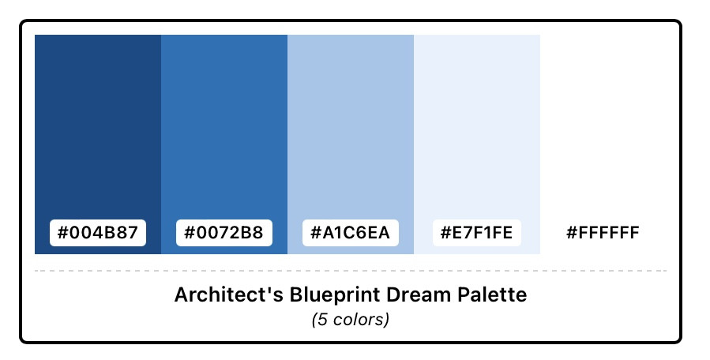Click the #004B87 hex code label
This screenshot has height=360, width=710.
(98, 233)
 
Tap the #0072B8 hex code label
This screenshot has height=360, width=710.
(224, 233)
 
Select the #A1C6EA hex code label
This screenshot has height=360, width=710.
(351, 233)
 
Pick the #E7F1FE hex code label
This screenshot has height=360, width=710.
(477, 233)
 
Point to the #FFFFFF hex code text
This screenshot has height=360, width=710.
(603, 233)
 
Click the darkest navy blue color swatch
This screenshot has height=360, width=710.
(98, 127)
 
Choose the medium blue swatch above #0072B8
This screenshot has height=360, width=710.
(224, 127)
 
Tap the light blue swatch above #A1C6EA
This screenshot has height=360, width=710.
(351, 127)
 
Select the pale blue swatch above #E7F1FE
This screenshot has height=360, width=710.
(477, 127)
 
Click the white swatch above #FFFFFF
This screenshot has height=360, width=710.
(603, 127)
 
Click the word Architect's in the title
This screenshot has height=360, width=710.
(229, 294)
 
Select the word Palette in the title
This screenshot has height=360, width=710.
(492, 294)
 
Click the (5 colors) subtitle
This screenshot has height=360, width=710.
(351, 320)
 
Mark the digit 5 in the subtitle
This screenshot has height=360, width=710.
(323, 320)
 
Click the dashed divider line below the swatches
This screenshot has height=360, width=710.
(351, 271)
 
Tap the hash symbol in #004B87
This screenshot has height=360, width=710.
(62, 233)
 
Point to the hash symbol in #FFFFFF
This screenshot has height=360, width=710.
(572, 233)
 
